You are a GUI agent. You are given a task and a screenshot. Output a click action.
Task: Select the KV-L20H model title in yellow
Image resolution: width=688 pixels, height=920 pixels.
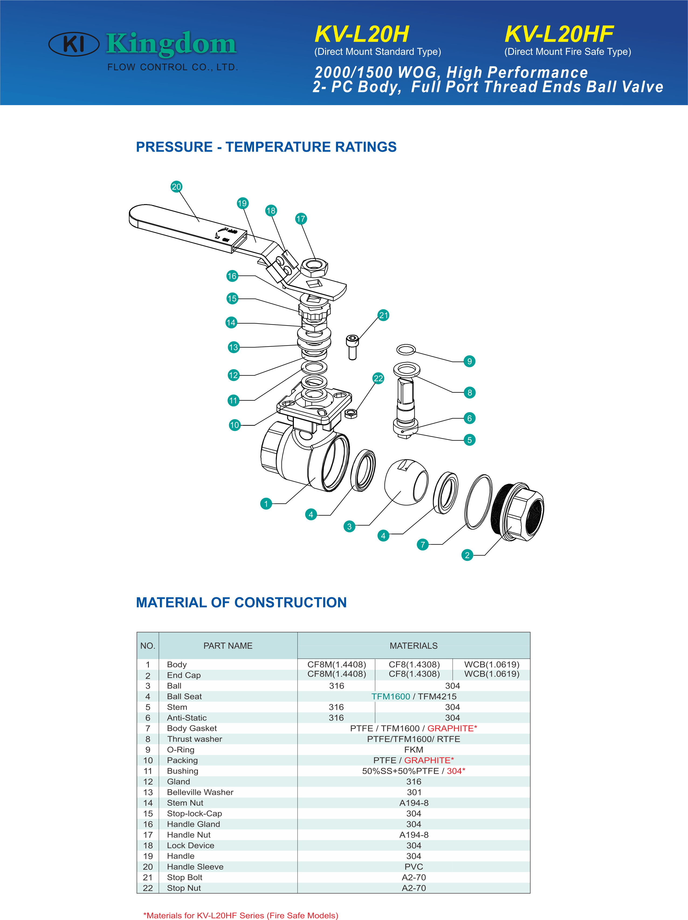362,34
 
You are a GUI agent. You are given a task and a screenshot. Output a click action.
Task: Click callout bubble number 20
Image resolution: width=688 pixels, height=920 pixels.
176,187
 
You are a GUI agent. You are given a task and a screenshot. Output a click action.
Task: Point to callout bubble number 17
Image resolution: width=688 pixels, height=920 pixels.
301,219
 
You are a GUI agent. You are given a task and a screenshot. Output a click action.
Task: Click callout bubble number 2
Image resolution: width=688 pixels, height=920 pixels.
467,555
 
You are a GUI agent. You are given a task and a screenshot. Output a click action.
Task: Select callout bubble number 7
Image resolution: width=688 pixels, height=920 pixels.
423,544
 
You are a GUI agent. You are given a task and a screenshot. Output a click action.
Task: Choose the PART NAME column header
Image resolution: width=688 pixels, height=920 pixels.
228,646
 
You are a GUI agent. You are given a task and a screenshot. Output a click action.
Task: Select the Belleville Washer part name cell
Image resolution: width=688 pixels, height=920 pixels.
200,792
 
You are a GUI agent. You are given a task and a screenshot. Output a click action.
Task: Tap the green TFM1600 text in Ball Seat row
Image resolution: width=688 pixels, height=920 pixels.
391,696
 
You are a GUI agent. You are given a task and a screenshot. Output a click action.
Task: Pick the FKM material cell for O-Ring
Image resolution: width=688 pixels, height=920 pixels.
414,750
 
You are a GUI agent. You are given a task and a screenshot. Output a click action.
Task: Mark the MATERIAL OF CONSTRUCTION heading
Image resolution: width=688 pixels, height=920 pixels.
241,602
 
